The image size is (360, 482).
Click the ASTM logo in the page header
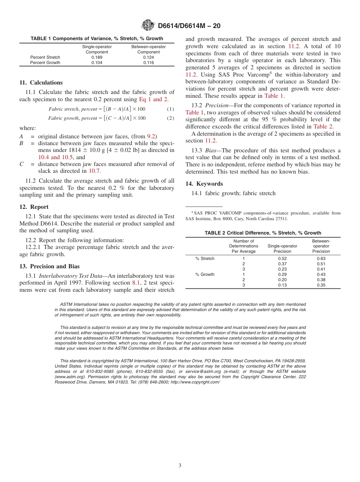148,25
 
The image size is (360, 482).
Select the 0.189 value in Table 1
97,57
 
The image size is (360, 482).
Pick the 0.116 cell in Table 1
149,63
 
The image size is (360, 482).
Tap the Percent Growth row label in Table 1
45,63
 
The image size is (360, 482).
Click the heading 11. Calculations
41,83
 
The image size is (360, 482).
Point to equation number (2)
171,118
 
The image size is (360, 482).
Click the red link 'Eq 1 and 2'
153,99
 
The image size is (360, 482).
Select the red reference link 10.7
95,171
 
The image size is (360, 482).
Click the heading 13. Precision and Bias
50,266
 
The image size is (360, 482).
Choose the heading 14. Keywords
204,184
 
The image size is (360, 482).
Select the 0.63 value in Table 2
321,258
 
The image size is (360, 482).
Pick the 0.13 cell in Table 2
282,285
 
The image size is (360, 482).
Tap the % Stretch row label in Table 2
205,258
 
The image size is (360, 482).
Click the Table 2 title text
263,233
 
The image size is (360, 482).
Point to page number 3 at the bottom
180,465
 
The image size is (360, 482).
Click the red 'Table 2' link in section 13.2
323,127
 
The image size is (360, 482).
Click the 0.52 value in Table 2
282,258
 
